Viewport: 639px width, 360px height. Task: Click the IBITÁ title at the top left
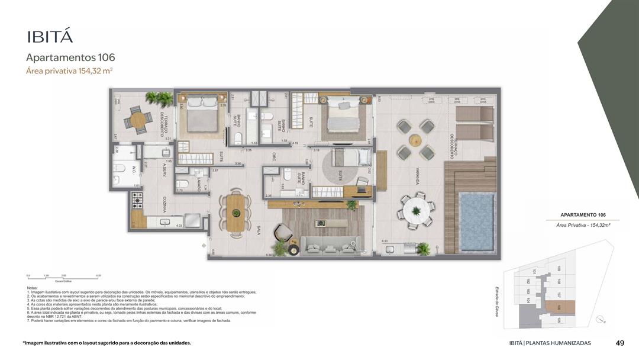[50, 36]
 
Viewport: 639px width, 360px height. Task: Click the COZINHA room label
[164, 205]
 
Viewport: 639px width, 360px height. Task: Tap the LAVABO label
[199, 184]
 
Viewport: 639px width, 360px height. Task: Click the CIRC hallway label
[275, 157]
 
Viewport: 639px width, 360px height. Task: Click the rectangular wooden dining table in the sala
[235, 212]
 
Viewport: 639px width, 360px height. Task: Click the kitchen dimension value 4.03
[179, 225]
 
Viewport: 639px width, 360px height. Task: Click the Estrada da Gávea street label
[497, 301]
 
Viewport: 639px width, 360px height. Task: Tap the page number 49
[620, 343]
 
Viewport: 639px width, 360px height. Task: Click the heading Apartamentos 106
[70, 57]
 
